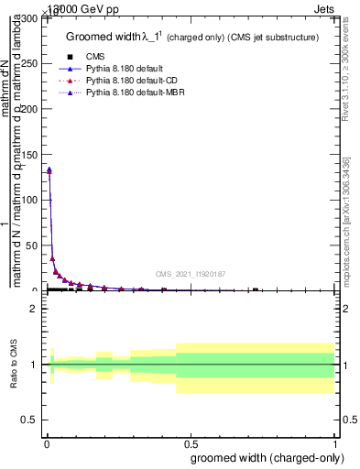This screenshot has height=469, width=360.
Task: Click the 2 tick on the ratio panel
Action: click(x=34, y=309)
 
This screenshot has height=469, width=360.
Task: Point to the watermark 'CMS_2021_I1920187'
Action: click(x=191, y=274)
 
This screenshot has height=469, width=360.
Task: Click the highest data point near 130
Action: click(x=49, y=169)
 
